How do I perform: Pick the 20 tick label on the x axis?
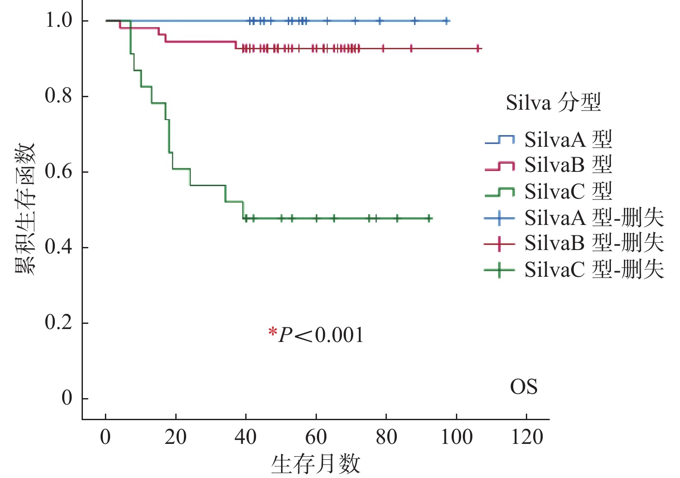[175, 437]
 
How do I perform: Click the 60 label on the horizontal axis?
[316, 437]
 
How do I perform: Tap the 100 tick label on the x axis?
[456, 437]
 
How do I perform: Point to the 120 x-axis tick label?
[527, 437]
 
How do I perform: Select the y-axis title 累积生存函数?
[25, 209]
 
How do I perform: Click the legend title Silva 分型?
[553, 103]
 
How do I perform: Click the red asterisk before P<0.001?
[272, 332]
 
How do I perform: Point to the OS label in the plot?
[524, 387]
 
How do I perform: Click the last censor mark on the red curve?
[478, 48]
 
